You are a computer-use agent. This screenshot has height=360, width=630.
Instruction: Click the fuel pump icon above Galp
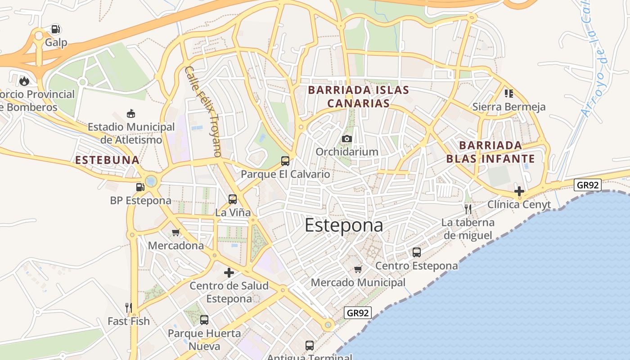(56, 30)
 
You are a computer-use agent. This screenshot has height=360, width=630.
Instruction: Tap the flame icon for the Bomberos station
(24, 81)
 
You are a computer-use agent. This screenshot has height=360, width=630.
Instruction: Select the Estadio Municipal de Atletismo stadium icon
(131, 113)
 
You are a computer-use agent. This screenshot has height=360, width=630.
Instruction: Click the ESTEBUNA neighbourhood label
(107, 160)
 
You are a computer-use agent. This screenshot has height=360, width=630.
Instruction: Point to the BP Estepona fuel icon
(140, 187)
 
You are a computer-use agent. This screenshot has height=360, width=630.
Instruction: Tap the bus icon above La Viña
(233, 199)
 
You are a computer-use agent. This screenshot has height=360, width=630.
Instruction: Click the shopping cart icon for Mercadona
(176, 233)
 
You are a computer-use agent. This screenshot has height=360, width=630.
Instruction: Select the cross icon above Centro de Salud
(229, 272)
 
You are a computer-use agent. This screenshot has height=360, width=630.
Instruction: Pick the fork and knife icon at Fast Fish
(129, 308)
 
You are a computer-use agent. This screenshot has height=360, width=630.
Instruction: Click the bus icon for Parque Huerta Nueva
(204, 320)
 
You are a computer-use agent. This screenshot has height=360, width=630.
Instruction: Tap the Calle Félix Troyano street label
(204, 112)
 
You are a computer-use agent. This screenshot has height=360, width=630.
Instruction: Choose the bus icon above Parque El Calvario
(285, 161)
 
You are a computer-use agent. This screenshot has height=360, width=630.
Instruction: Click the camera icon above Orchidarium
(346, 139)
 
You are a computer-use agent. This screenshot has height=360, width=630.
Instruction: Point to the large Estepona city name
(344, 225)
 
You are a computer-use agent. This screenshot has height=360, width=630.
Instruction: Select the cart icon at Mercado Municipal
(358, 270)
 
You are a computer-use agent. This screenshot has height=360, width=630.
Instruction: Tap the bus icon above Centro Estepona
(417, 252)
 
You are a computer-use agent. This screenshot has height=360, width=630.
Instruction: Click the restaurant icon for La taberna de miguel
(468, 209)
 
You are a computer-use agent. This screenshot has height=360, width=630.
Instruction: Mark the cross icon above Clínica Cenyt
(519, 191)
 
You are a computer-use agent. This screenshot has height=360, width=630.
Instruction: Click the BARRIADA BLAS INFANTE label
(490, 152)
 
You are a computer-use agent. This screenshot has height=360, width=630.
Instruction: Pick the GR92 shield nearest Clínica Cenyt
(588, 185)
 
